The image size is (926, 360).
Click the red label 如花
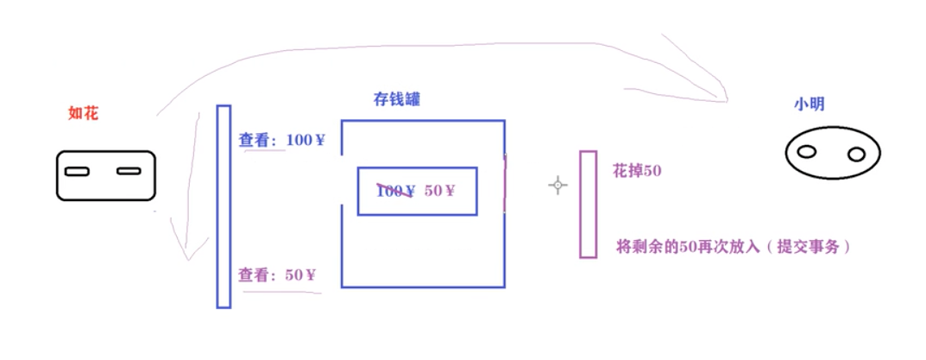[x=83, y=112]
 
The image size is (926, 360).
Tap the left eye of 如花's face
[x=77, y=171]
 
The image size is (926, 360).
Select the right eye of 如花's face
[x=129, y=171]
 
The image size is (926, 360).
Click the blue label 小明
[x=809, y=104]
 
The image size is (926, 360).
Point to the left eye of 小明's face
[x=806, y=152]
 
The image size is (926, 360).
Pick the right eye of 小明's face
[x=856, y=155]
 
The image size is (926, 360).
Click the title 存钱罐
[x=397, y=99]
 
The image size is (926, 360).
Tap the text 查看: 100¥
[x=281, y=139]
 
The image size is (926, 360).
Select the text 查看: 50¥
[x=277, y=275]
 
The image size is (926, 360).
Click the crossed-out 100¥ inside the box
[x=396, y=191]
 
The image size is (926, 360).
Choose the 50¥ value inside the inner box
[x=439, y=190]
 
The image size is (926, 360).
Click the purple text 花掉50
[x=637, y=171]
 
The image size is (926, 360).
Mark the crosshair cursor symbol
[x=558, y=185]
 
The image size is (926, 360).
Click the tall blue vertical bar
[x=224, y=206]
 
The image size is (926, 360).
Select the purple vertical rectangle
[x=588, y=204]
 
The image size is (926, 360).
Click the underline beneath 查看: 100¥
[x=264, y=151]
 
